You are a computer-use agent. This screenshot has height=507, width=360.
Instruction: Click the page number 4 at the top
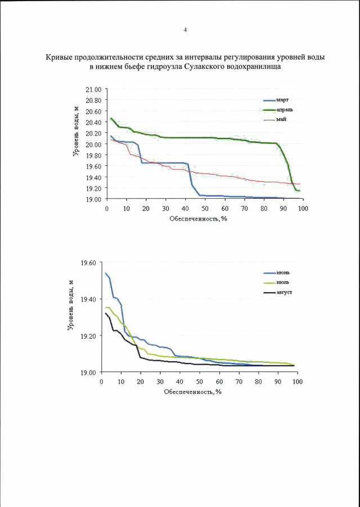click(186, 30)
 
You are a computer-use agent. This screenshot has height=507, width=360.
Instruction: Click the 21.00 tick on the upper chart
click(93, 89)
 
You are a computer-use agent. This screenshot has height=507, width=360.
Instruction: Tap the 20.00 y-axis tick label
click(93, 144)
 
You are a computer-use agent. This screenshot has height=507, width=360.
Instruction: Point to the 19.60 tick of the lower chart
click(88, 263)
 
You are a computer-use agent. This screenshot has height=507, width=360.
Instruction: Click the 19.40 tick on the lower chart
click(88, 299)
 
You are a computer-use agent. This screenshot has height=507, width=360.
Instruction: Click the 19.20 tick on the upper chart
click(93, 188)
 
